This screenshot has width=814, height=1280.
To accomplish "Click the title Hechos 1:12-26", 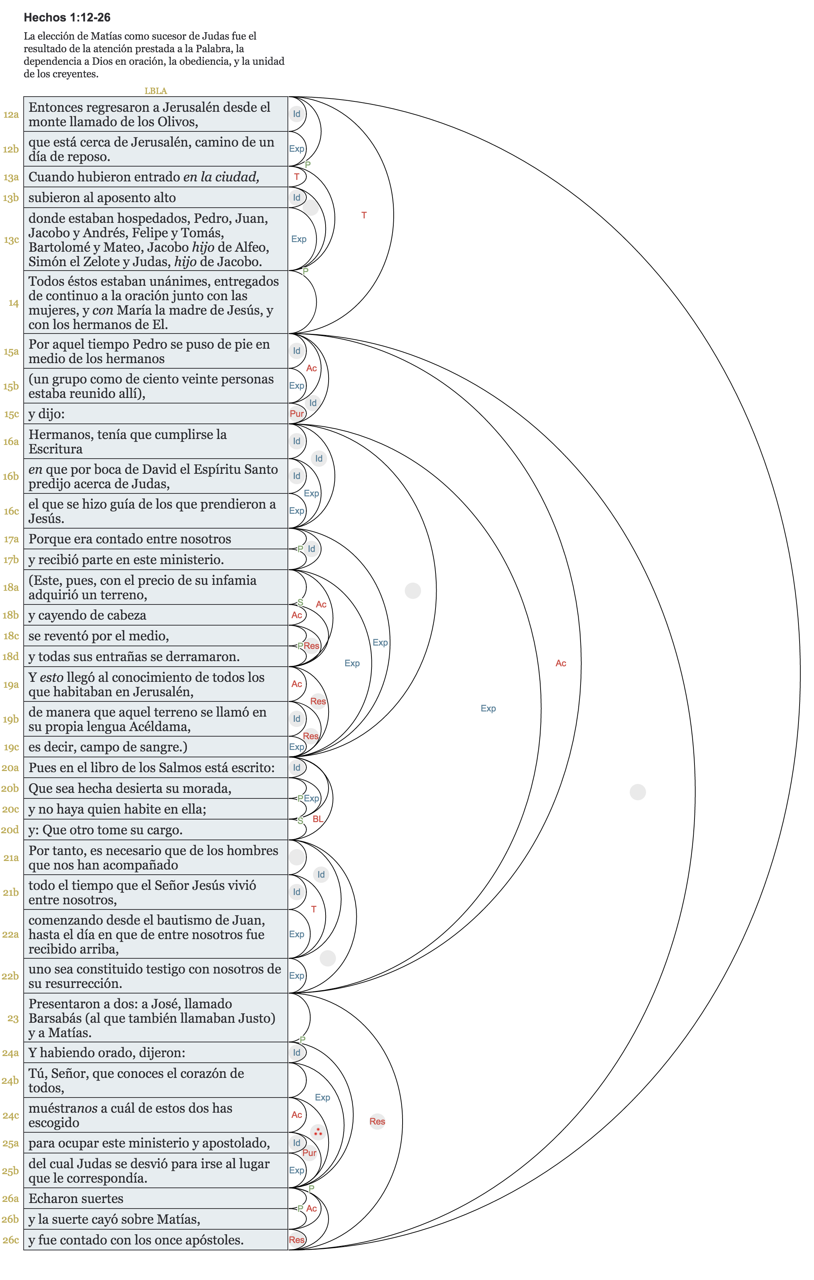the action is pyautogui.click(x=67, y=17).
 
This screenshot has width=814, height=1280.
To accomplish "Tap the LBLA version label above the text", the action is pyautogui.click(x=156, y=91).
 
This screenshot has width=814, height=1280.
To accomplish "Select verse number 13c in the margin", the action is pyautogui.click(x=11, y=240).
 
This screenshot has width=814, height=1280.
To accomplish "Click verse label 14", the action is pyautogui.click(x=13, y=303).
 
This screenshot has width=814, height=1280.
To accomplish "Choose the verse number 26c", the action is pyautogui.click(x=11, y=1240).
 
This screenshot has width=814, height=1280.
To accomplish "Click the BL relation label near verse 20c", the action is pyautogui.click(x=318, y=819).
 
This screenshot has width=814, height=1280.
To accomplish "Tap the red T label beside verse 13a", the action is pyautogui.click(x=296, y=177).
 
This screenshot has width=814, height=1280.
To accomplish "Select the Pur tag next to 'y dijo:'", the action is pyautogui.click(x=296, y=413).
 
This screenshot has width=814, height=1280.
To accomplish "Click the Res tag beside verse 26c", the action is pyautogui.click(x=296, y=1240).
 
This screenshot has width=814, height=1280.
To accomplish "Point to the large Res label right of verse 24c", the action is pyautogui.click(x=377, y=1121).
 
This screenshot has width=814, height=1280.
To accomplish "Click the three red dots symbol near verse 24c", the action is pyautogui.click(x=318, y=1132).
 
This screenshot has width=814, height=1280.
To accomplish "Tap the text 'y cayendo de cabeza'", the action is pyautogui.click(x=87, y=615).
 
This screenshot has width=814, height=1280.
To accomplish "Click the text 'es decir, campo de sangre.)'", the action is pyautogui.click(x=108, y=747).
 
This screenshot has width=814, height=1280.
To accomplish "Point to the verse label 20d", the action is pyautogui.click(x=10, y=830).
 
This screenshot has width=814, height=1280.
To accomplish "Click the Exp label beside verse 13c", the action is pyautogui.click(x=299, y=239).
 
